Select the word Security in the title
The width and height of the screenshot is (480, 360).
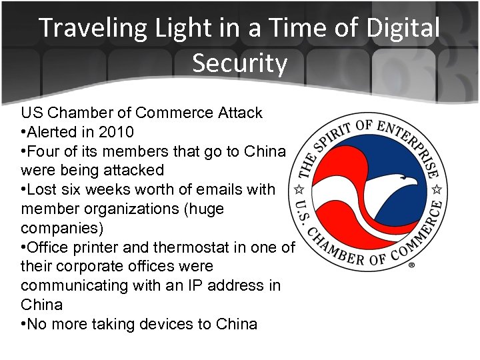point(240,63)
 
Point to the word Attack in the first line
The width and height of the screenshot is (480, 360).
point(240,113)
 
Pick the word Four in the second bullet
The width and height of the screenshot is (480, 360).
point(43,151)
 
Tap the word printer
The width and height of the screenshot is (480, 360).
point(125,247)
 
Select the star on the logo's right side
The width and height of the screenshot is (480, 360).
point(439,190)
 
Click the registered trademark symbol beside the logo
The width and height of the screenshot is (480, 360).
point(411,265)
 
